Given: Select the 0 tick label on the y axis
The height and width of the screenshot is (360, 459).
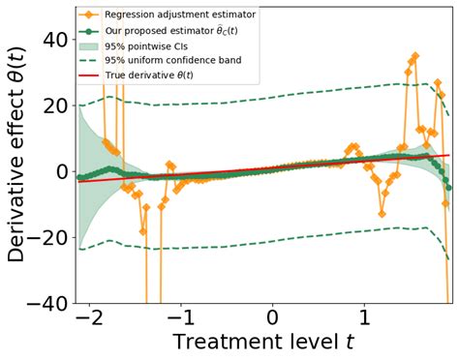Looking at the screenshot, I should (61, 171).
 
